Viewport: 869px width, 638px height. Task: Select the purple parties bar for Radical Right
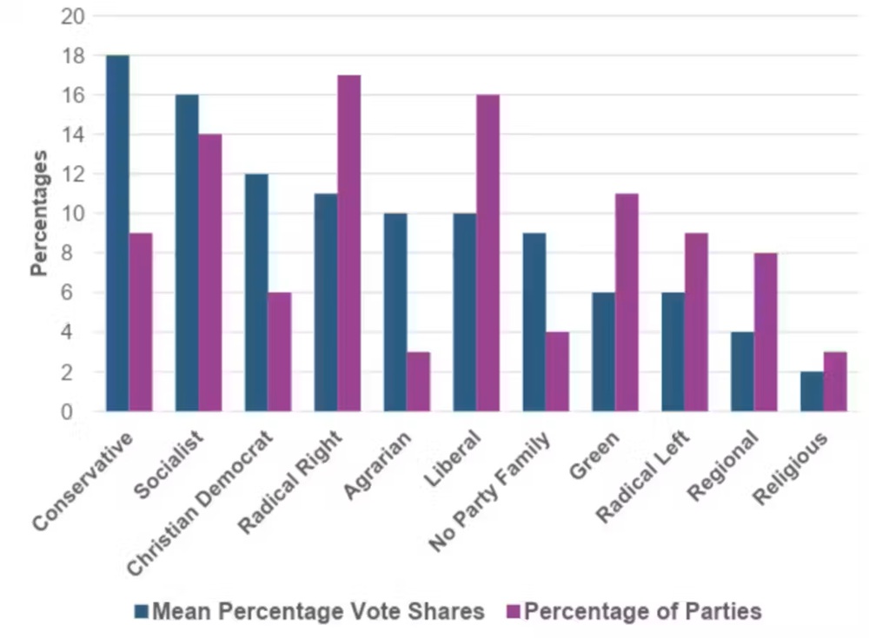pos(349,243)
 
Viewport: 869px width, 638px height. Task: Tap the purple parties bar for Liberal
pos(488,253)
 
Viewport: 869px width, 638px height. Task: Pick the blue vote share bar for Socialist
pos(187,253)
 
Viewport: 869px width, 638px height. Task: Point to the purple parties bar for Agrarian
pos(418,381)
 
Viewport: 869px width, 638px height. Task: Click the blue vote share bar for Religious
pos(812,391)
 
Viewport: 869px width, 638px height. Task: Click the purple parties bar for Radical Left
pos(696,322)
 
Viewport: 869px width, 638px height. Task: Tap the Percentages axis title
pos(39,214)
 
